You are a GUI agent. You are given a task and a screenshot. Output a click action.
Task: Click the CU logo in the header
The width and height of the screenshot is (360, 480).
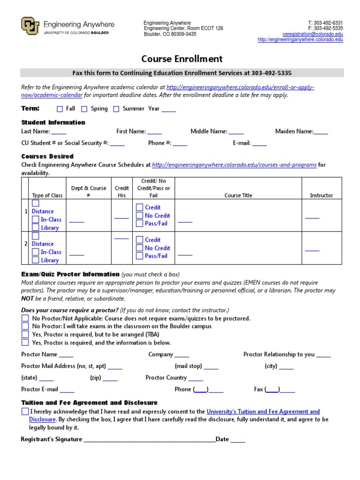30,26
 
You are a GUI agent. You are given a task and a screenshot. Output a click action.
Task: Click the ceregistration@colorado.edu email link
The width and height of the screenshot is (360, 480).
313,34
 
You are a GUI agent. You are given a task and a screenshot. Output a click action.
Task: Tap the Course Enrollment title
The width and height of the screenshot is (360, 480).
182,59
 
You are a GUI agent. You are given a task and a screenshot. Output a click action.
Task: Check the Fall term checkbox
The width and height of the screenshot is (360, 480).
60,109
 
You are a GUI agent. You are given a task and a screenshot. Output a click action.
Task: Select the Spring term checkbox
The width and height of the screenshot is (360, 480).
84,109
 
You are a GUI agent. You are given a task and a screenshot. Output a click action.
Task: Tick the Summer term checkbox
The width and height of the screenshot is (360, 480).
116,109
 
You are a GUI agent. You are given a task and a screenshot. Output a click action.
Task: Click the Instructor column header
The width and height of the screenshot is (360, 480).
321,195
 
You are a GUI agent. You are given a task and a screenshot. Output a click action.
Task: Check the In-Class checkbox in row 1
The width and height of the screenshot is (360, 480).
36,219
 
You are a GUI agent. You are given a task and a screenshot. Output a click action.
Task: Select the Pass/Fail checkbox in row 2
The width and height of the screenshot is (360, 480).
139,256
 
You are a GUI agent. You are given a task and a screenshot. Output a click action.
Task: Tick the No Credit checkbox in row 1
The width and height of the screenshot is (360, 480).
139,216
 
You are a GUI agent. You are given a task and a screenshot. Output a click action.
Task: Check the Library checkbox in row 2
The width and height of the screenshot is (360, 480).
36,260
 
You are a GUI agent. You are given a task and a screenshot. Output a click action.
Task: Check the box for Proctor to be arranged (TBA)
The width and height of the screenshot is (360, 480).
25,335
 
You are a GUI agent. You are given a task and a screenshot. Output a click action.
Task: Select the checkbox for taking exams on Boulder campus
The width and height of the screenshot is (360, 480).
25,326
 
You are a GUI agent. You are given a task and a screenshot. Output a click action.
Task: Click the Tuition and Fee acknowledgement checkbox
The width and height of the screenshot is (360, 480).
25,412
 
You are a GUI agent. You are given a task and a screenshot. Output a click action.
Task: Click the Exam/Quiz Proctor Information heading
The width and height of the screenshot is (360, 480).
70,274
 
